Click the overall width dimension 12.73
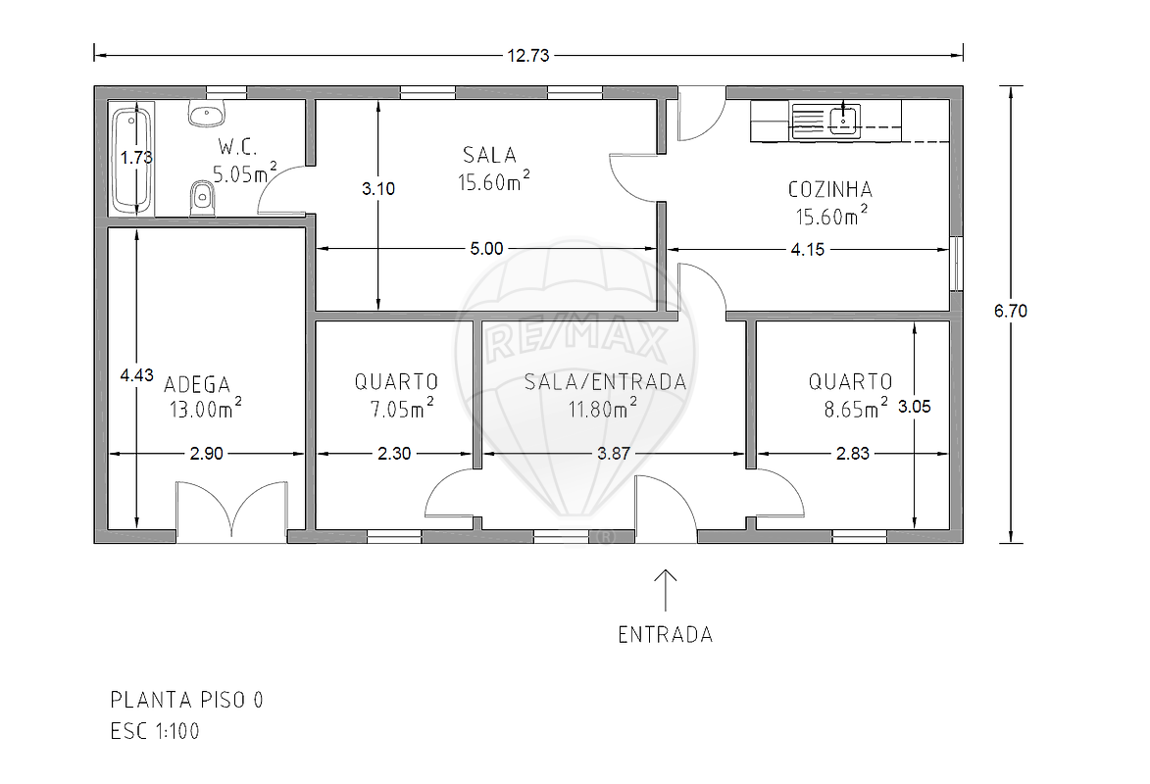coord(528,55)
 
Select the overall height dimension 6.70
coord(1011,311)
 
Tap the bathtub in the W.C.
coord(132,161)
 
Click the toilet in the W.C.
coord(202,199)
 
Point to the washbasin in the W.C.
coord(208,114)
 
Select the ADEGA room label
coord(196,384)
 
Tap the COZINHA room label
coord(830,189)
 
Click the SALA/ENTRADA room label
coord(605,381)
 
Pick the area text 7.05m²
coord(402,408)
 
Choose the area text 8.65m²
coord(855,408)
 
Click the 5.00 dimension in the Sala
coord(487,249)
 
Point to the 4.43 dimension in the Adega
coord(137,374)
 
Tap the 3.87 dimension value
coord(613,453)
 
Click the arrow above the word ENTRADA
coord(666,590)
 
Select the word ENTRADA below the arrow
coord(666,634)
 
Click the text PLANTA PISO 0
coord(186,700)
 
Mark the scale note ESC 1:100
coord(155,731)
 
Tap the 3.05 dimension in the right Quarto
coord(915,407)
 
